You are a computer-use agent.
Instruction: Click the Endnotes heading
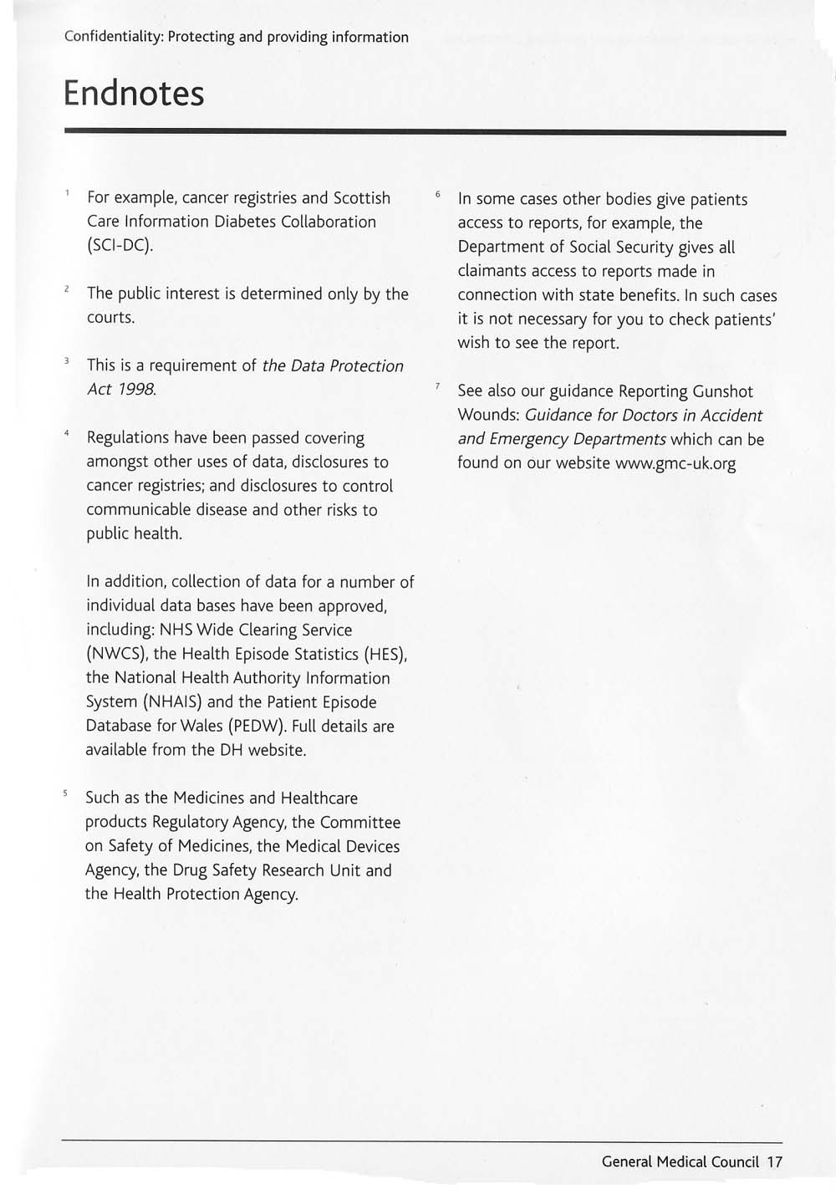(x=134, y=93)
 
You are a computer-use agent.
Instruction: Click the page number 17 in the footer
(x=774, y=1161)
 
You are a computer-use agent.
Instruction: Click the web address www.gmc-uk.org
(x=675, y=463)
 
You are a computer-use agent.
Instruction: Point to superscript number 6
(x=437, y=194)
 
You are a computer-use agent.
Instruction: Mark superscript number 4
(x=65, y=433)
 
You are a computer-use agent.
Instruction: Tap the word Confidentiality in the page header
(x=113, y=37)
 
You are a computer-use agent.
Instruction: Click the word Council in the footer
(x=735, y=1161)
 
